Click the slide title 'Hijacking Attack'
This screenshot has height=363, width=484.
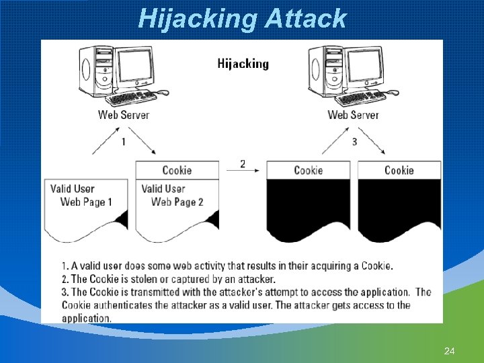tap(242, 18)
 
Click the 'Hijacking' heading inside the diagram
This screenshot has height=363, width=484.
tap(243, 64)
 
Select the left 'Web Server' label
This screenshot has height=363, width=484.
tap(124, 114)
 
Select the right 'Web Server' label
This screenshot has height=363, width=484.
tap(353, 114)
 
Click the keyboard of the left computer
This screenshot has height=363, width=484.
tap(131, 98)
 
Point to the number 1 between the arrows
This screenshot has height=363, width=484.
tap(123, 142)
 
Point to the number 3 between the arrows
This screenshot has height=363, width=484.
tap(354, 142)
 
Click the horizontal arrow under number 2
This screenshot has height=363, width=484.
tap(243, 171)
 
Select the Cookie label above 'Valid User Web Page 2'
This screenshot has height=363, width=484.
tap(177, 171)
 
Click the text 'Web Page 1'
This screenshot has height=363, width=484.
tap(86, 202)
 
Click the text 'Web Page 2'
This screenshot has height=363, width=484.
tap(177, 202)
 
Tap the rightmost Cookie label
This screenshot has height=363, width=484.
tap(399, 171)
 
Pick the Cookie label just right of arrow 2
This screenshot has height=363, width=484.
tap(308, 171)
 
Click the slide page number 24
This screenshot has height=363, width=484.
tap(450, 351)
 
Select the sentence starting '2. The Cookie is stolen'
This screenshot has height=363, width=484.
tap(168, 279)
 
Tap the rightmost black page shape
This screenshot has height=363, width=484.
tap(399, 208)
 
